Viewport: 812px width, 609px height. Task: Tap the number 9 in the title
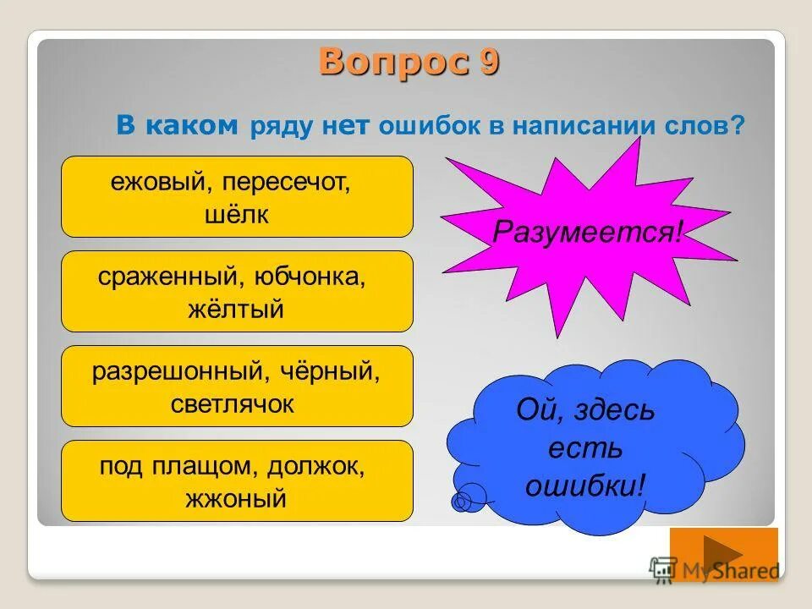point(490,63)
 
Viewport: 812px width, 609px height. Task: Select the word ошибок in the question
point(431,127)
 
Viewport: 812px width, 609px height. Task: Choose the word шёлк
point(237,215)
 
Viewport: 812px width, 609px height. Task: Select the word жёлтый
point(237,310)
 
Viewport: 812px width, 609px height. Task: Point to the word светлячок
point(237,404)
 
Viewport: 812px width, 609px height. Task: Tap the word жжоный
point(237,499)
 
